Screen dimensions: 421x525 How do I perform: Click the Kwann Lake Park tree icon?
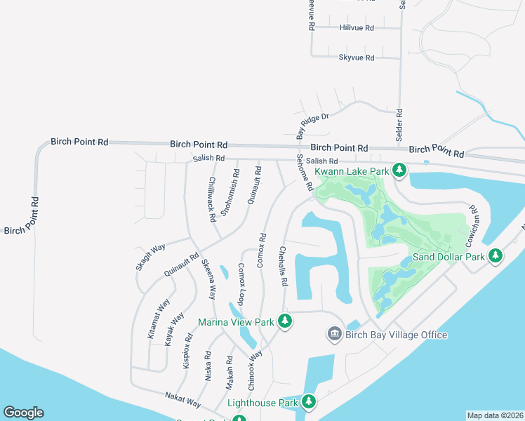pyautogui.click(x=399, y=170)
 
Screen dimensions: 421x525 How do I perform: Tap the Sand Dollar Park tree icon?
pyautogui.click(x=496, y=256)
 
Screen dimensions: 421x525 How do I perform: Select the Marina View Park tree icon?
pyautogui.click(x=284, y=321)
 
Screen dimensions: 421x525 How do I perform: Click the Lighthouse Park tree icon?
pyautogui.click(x=308, y=402)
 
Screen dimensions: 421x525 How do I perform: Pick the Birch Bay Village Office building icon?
pyautogui.click(x=335, y=334)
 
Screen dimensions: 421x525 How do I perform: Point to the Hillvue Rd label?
pyautogui.click(x=357, y=27)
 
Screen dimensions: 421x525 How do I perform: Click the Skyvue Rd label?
pyautogui.click(x=357, y=58)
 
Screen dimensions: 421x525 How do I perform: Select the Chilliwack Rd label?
pyautogui.click(x=212, y=199)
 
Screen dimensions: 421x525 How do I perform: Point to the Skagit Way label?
pyautogui.click(x=151, y=257)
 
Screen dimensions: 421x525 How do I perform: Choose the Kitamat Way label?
pyautogui.click(x=159, y=319)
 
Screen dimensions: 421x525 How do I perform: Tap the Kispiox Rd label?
pyautogui.click(x=187, y=350)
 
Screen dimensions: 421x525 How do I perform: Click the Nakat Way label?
pyautogui.click(x=182, y=400)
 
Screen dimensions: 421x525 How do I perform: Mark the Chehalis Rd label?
pyautogui.click(x=284, y=266)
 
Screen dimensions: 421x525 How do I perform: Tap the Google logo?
pyautogui.click(x=23, y=413)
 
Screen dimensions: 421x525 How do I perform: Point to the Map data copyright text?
pyautogui.click(x=495, y=415)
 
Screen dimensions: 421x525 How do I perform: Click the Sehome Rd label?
pyautogui.click(x=303, y=175)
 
